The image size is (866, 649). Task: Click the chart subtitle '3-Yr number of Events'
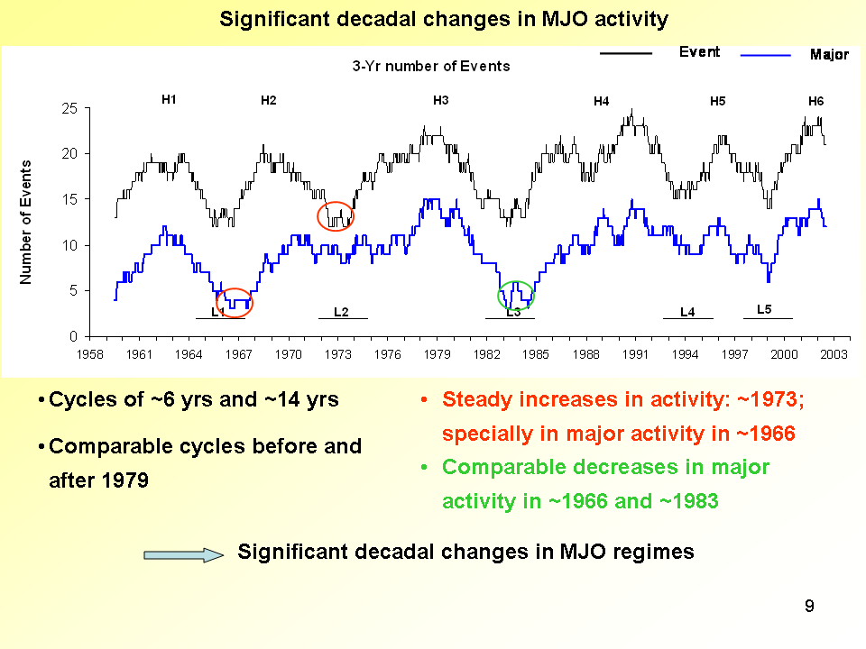tap(430, 66)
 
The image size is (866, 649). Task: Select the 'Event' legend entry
tap(699, 52)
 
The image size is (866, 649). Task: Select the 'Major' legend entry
tap(829, 55)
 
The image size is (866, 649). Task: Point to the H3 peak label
tap(441, 100)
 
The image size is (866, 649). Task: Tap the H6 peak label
tap(815, 101)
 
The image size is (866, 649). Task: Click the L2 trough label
tap(341, 312)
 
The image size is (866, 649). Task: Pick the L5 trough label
tap(764, 309)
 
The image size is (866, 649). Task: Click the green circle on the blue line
tap(516, 295)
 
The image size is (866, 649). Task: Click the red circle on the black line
tap(336, 215)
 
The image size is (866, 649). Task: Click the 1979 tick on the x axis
tap(438, 354)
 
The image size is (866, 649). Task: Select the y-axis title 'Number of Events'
tap(26, 222)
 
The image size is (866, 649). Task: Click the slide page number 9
tap(809, 607)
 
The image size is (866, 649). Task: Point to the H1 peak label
tap(169, 100)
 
